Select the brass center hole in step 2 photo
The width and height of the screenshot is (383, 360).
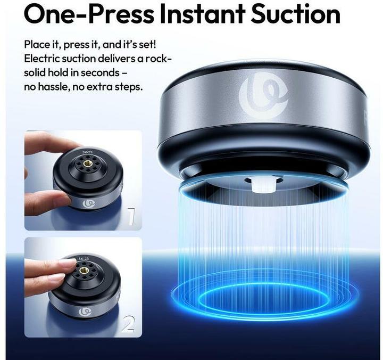click(84, 271)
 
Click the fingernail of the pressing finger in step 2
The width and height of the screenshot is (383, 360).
click(68, 263)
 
